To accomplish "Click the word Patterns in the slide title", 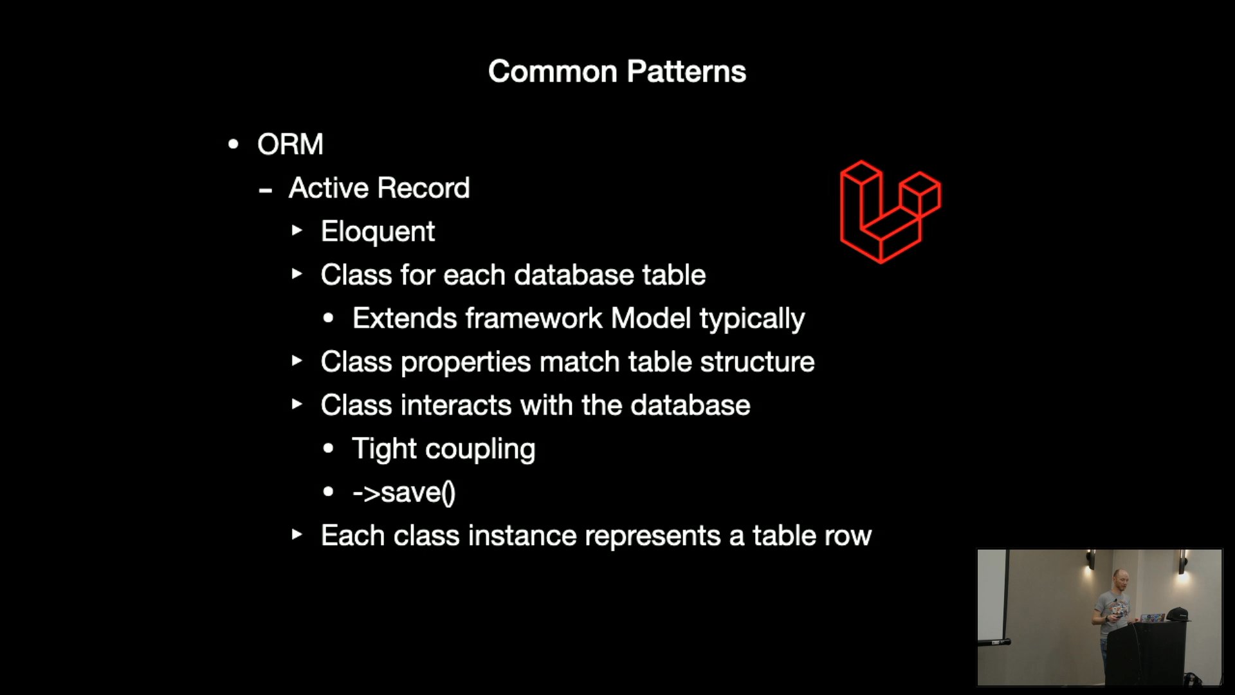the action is [x=686, y=71].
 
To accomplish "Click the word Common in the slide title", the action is [x=553, y=71].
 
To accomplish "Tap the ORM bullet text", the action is [x=290, y=144].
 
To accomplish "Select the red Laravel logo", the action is [x=890, y=212].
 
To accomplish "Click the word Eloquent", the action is [x=378, y=232].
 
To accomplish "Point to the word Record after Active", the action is [x=424, y=188].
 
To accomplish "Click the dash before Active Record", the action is [x=265, y=190].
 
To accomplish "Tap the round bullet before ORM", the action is [x=233, y=144].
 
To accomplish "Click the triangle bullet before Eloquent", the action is [x=297, y=230].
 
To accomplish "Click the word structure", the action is [x=757, y=362].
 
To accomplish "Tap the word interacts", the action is [x=456, y=405].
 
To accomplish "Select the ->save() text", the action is [x=404, y=493].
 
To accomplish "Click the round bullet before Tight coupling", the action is [x=329, y=449].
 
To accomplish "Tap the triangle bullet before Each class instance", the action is [x=297, y=534].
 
